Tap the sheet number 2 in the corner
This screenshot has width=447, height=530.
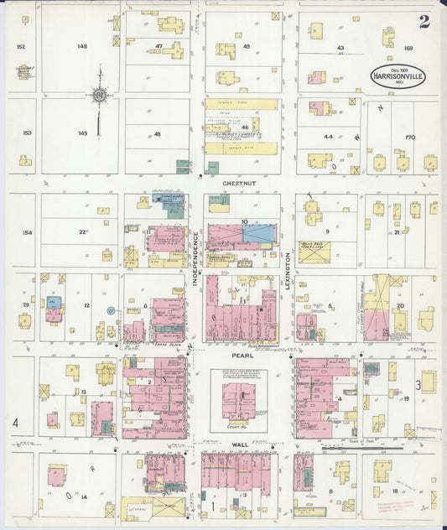(424, 21)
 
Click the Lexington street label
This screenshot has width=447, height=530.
(287, 273)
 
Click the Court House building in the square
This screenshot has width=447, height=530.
(236, 400)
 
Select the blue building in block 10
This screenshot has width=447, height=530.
(257, 234)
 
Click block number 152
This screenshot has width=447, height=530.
(20, 46)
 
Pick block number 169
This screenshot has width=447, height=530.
(408, 48)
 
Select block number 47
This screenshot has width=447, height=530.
(159, 46)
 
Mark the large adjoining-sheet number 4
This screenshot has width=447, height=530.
(14, 423)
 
